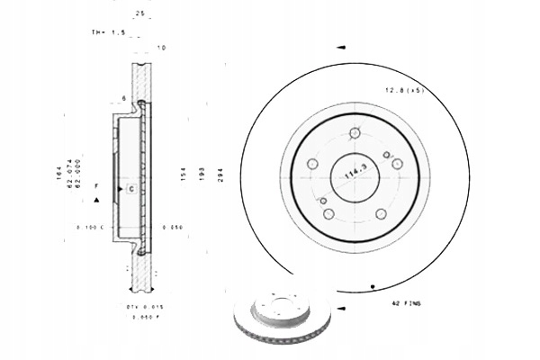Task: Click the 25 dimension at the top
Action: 139,13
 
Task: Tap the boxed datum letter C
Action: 130,189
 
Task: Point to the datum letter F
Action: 95,184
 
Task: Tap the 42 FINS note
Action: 408,305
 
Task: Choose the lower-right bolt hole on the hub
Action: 381,213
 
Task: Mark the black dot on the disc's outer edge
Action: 373,286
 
